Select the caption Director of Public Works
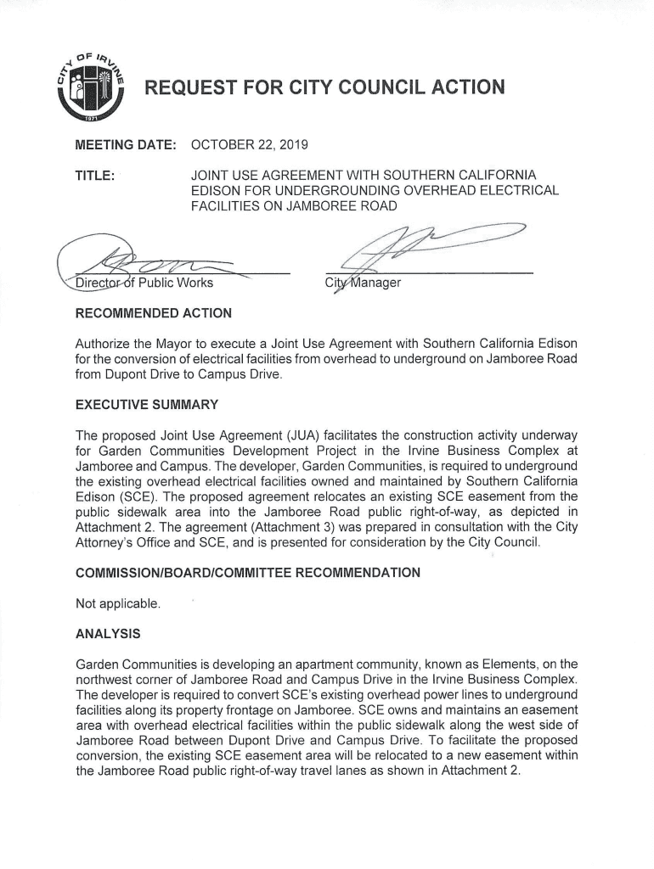click(x=144, y=283)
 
